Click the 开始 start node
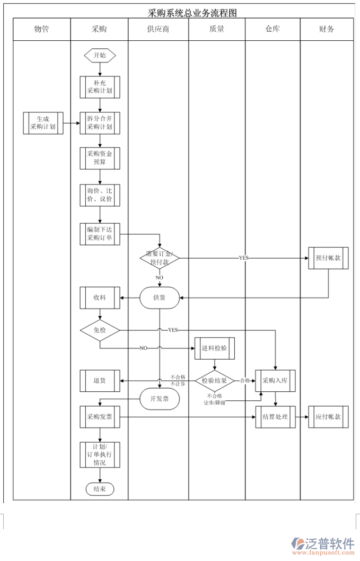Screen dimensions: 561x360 tap(100, 55)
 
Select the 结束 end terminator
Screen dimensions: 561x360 tap(100, 489)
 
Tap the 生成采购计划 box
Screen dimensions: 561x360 tap(43, 123)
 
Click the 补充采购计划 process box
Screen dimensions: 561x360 tap(100, 87)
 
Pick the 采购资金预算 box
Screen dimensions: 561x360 tap(100, 158)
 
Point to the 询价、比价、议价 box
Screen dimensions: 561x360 tap(100, 195)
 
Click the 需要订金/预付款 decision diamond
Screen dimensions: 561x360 tap(160, 258)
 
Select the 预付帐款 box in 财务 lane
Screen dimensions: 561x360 tap(328, 258)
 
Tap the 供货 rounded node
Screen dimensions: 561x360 tap(160, 297)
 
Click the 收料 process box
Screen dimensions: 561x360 tap(100, 297)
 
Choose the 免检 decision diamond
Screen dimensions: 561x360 tap(100, 330)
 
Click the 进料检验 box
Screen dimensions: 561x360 tap(214, 348)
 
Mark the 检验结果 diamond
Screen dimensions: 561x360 tap(214, 381)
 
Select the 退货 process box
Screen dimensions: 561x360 tap(100, 381)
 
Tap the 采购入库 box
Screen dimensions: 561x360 tap(275, 381)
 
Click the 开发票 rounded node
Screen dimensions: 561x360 tap(160, 399)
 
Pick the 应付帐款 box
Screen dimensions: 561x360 tap(328, 417)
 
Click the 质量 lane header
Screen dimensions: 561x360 tap(216, 30)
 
